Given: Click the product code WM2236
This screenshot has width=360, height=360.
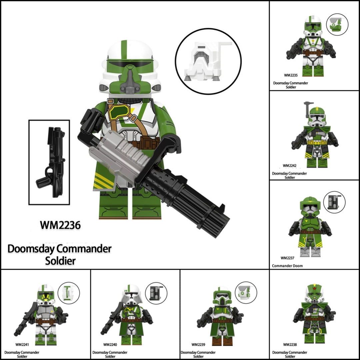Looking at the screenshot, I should point(60,225).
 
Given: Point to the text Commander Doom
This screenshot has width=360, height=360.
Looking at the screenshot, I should point(287,266).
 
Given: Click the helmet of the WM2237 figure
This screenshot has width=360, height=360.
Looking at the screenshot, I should point(310,207).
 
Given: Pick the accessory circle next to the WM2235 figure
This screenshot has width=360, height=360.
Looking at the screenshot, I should point(337,24).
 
